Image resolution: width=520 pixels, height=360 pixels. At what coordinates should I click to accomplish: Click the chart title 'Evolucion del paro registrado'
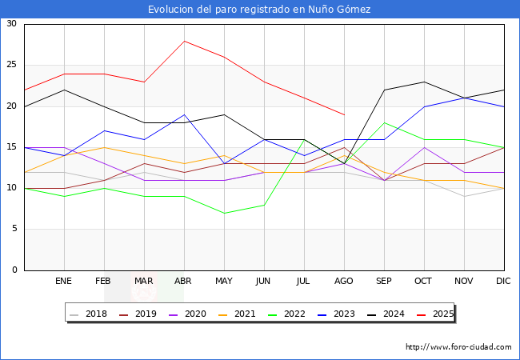[x=259, y=10]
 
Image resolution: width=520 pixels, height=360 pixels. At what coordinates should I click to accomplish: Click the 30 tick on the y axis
[x=11, y=24]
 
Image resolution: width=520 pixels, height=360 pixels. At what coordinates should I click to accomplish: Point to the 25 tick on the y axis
[x=11, y=65]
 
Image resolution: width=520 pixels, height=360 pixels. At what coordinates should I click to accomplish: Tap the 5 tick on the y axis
[x=14, y=230]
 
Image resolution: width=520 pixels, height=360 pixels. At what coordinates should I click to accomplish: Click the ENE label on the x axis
[x=64, y=282]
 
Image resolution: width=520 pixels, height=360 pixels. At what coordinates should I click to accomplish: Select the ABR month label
[x=184, y=282]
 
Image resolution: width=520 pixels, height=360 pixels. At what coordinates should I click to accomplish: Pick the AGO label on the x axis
[x=344, y=282]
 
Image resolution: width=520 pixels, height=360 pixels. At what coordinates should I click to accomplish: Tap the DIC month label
[x=504, y=282]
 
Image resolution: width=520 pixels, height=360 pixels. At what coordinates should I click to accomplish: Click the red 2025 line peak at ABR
[x=184, y=41]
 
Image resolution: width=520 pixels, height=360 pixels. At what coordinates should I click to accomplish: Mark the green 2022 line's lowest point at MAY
[x=224, y=213]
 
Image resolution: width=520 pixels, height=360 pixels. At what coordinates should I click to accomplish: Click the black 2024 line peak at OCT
[x=424, y=82]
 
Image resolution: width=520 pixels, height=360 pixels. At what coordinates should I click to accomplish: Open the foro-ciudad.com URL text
[x=458, y=347]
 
